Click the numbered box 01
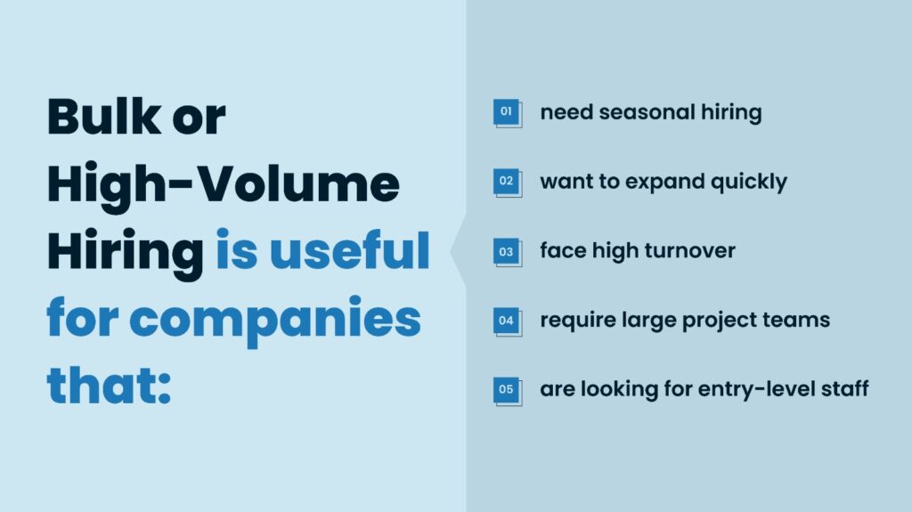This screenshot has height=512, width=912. pyautogui.click(x=508, y=113)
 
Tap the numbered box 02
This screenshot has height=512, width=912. pyautogui.click(x=508, y=183)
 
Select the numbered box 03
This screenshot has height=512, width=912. pyautogui.click(x=508, y=252)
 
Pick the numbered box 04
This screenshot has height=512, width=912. pyautogui.click(x=508, y=321)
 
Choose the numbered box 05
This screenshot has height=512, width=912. pyautogui.click(x=508, y=391)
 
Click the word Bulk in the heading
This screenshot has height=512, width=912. pyautogui.click(x=104, y=117)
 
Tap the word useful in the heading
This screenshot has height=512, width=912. pyautogui.click(x=349, y=251)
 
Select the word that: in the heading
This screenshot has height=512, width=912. pyautogui.click(x=109, y=386)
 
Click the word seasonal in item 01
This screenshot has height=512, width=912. pyautogui.click(x=647, y=111)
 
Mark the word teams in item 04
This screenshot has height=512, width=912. pyautogui.click(x=801, y=320)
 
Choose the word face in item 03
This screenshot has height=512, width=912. pyautogui.click(x=563, y=251)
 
